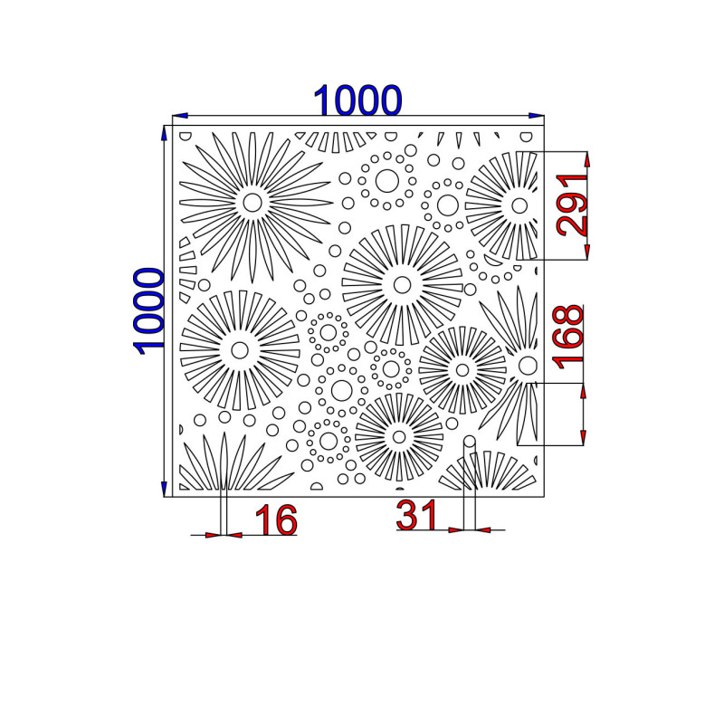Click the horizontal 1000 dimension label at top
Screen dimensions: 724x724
click(357, 100)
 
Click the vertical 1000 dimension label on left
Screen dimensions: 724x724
click(148, 311)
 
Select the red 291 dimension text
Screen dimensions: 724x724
click(573, 205)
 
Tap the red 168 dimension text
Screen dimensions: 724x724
click(569, 338)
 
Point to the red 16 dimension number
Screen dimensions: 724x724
click(276, 520)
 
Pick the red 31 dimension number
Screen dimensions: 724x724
click(416, 515)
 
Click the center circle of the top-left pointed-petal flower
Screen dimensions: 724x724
click(252, 202)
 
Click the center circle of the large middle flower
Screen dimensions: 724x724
click(402, 285)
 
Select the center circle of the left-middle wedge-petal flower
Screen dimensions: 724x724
click(240, 350)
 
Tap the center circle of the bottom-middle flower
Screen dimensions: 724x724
click(399, 436)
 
